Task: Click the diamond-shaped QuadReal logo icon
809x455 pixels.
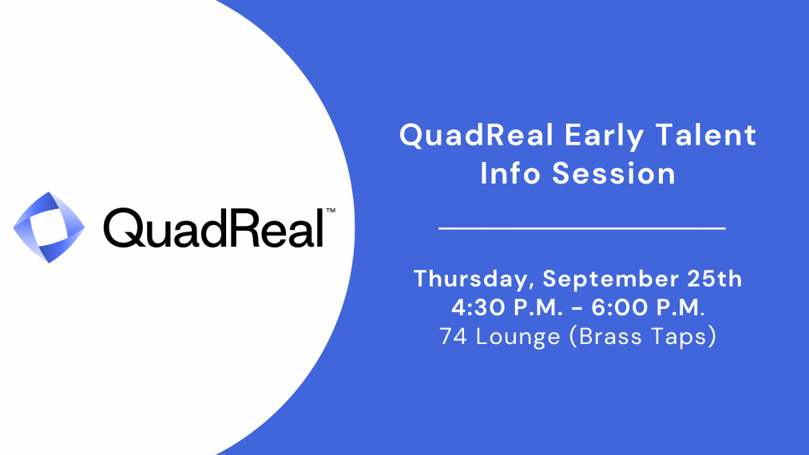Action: click(x=49, y=227)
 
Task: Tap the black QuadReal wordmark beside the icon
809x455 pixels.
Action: click(x=214, y=227)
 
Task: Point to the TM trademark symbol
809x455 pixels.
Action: click(x=331, y=211)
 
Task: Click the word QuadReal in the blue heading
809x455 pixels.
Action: click(x=476, y=135)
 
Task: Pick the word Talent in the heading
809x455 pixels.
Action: click(x=706, y=135)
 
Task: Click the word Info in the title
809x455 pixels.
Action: click(x=510, y=172)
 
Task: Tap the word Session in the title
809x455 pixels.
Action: click(x=614, y=173)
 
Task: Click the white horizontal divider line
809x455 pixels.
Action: click(x=582, y=227)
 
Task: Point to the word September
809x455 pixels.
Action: click(x=611, y=280)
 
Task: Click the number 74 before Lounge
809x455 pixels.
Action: click(x=454, y=336)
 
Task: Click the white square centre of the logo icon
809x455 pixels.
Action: click(x=49, y=227)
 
